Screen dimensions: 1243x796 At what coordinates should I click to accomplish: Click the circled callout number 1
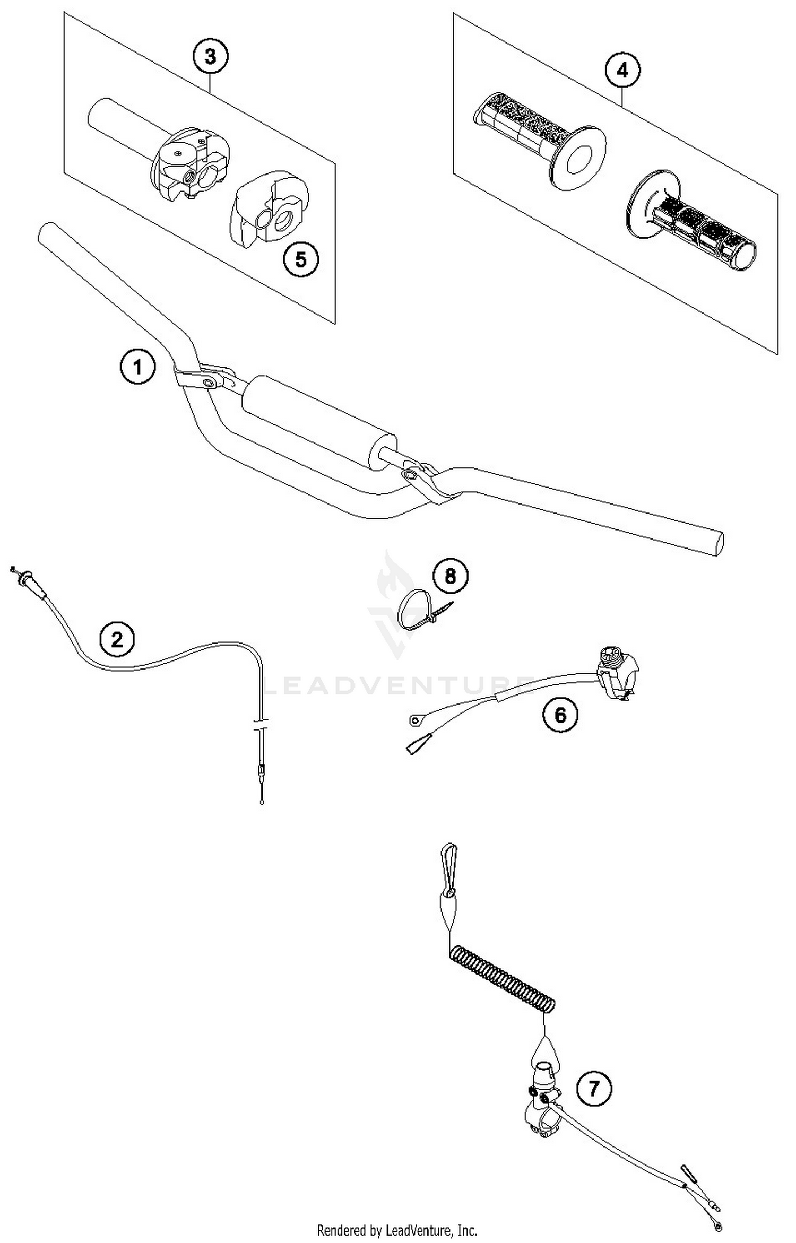pos(137,367)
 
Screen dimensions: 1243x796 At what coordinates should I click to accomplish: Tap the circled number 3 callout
pos(210,56)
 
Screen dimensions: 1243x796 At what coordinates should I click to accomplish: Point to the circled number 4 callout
pos(622,70)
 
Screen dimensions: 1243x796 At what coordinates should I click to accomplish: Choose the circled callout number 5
pos(301,259)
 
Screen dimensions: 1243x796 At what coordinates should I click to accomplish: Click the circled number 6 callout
pos(560,715)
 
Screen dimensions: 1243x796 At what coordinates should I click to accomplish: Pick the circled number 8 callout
pos(450,576)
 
